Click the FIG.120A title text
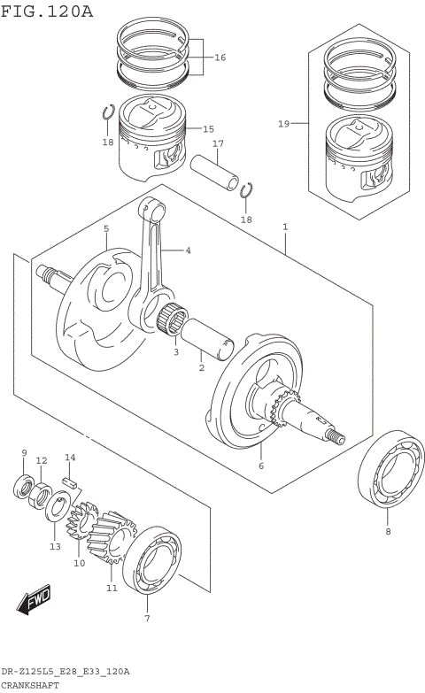[x=47, y=11]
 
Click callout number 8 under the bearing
[x=387, y=532]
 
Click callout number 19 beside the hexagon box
[x=283, y=124]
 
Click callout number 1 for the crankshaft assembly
[x=285, y=227]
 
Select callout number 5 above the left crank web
[x=105, y=228]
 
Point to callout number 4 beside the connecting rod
[x=188, y=250]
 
